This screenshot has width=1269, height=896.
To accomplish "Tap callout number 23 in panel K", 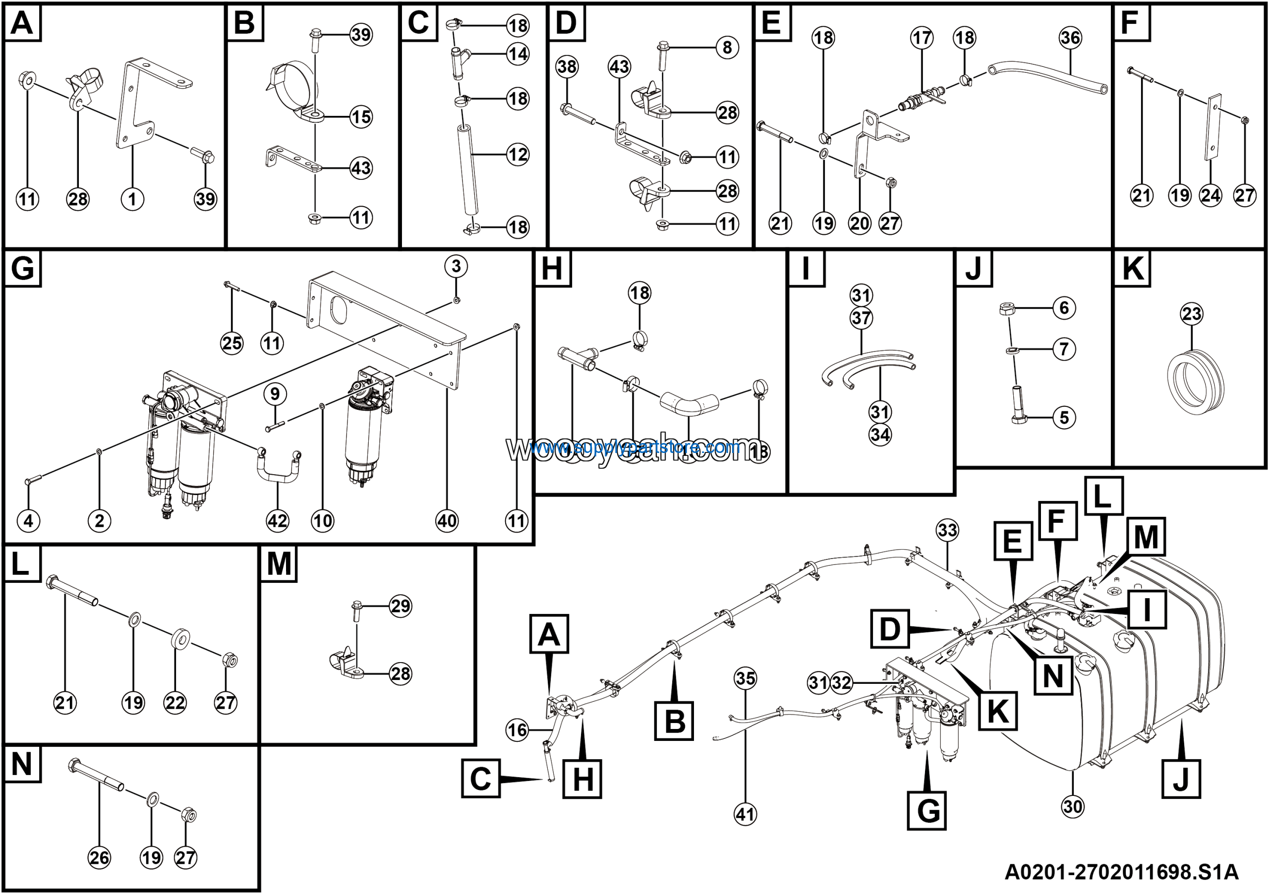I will point(1191,314).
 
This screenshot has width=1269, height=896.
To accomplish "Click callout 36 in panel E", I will point(1070,38).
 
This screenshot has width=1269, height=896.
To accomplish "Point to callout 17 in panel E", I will point(922,38).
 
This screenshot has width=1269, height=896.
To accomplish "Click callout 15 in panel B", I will point(361,116).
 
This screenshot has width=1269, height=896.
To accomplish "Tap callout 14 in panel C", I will point(518,54).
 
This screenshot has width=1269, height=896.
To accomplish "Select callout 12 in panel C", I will point(518,154).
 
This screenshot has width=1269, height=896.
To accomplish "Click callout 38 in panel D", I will point(567,66).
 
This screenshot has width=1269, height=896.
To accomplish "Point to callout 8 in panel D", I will point(727,48).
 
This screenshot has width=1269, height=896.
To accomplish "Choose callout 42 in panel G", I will point(278,520).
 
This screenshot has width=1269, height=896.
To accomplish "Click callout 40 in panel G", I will point(447,520).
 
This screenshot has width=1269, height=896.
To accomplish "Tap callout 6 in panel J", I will point(1064,308).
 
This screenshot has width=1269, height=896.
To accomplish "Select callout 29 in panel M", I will point(400,606).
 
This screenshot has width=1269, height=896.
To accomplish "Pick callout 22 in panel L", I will point(174,703).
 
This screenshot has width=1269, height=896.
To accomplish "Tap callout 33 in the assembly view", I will point(947,530).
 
